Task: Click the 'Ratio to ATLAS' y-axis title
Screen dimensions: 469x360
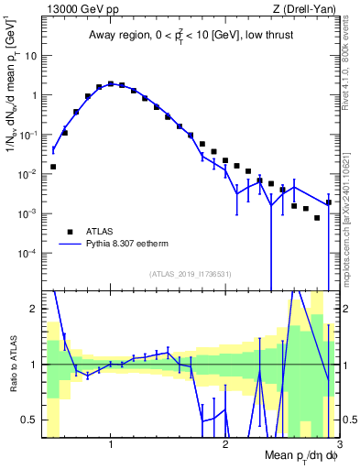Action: point(12,364)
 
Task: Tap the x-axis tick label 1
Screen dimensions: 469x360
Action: point(111,445)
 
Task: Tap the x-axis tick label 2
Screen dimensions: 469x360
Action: point(225,445)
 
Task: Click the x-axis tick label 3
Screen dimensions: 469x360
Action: point(338,445)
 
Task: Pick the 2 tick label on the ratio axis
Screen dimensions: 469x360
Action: point(33,309)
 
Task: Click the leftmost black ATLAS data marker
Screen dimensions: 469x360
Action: point(53,167)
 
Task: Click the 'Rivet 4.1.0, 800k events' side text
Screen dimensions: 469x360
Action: point(350,65)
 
